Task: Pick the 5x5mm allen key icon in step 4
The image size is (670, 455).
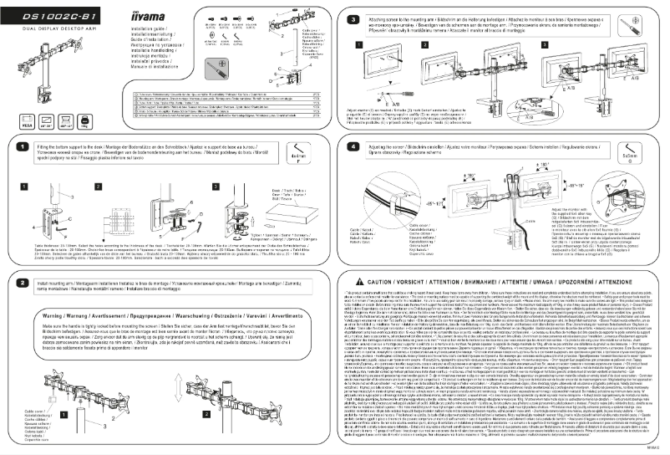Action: [x=648, y=151]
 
